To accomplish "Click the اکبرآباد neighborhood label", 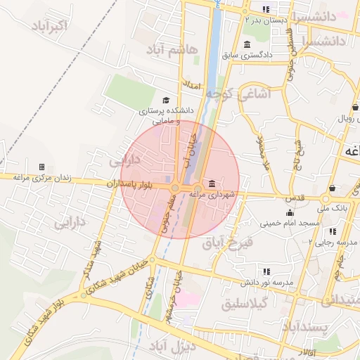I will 51,27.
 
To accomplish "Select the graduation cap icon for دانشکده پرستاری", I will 166,101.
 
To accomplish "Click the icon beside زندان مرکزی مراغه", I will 41,167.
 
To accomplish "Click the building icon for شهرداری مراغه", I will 212,183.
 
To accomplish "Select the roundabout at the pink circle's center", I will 175,187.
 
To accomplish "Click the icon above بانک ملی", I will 331,188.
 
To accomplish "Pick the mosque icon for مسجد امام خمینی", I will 289,213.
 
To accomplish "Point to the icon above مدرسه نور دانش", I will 266,271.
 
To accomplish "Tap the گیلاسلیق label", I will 245,304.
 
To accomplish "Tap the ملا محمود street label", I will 265,155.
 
